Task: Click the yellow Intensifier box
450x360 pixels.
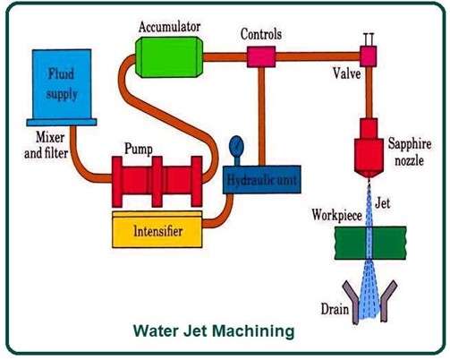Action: pos(159,230)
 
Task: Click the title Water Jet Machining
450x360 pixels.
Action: pos(214,331)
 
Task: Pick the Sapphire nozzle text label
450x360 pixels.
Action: pos(412,149)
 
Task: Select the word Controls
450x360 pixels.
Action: pos(262,34)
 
